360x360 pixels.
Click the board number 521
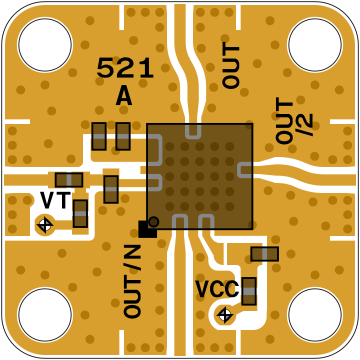[125, 68]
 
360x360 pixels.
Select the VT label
[56, 200]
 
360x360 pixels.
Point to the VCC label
[217, 289]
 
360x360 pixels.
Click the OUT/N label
[132, 281]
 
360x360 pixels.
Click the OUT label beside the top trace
[231, 66]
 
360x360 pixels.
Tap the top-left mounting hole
[45, 44]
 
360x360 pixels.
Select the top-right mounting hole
[315, 44]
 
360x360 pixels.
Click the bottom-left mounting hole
[45, 315]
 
